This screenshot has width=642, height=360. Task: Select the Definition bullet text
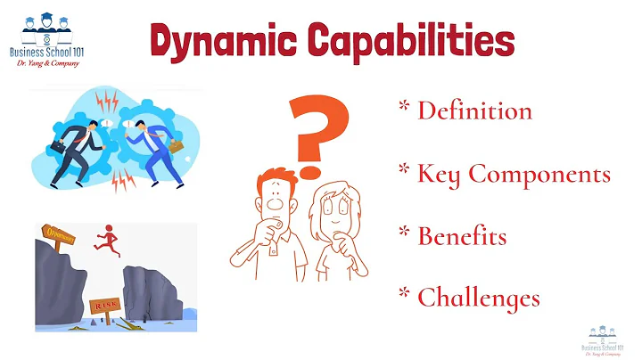point(474,110)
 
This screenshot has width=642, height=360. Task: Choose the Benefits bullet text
point(462,237)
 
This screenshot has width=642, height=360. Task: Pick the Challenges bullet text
point(478,297)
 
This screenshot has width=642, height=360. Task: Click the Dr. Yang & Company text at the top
point(48,64)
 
